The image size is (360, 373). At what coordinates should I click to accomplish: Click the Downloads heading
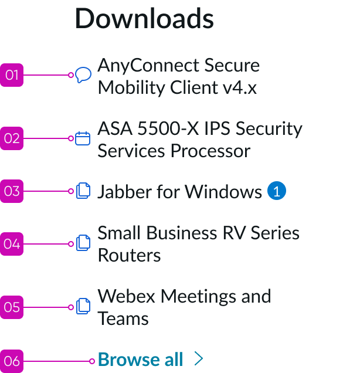click(x=144, y=18)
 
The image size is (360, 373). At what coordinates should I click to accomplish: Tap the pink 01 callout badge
click(x=12, y=75)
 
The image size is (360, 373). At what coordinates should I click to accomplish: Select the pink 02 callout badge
click(x=12, y=138)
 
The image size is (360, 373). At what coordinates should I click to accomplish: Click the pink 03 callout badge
click(x=12, y=191)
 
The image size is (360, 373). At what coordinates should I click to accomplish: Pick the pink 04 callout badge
click(x=12, y=244)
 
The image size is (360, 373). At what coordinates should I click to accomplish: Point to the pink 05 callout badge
click(x=12, y=307)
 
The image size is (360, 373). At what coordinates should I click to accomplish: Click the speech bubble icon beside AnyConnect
click(x=83, y=75)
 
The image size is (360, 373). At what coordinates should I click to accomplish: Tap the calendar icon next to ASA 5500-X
click(x=83, y=138)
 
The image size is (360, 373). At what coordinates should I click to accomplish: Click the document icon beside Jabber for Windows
click(x=83, y=191)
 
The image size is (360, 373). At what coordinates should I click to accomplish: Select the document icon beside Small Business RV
click(x=83, y=244)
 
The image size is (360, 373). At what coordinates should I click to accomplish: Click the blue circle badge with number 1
click(x=277, y=191)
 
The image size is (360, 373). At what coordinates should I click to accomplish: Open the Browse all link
click(x=141, y=360)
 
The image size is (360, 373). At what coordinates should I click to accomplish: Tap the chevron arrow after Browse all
click(x=199, y=359)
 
